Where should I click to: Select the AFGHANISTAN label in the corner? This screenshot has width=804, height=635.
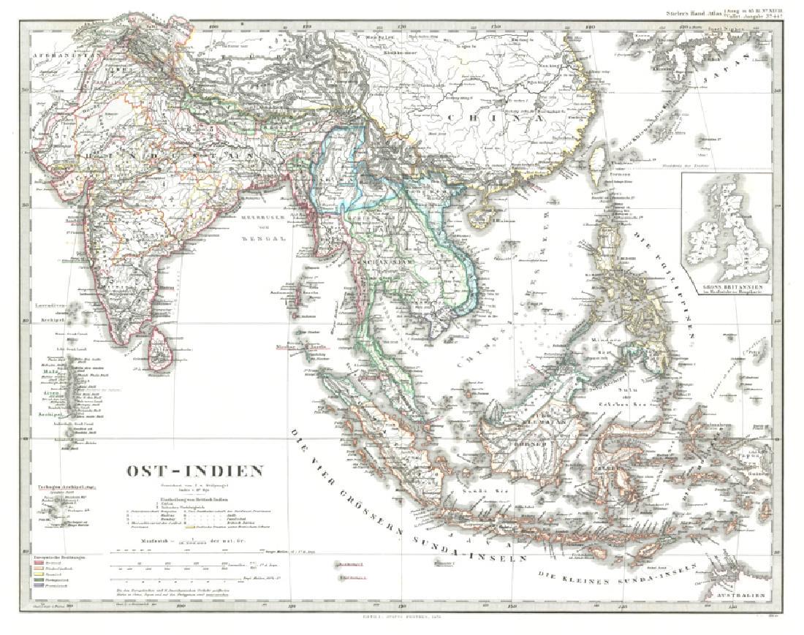tap(66, 55)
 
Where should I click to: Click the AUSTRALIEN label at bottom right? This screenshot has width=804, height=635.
tap(741, 595)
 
